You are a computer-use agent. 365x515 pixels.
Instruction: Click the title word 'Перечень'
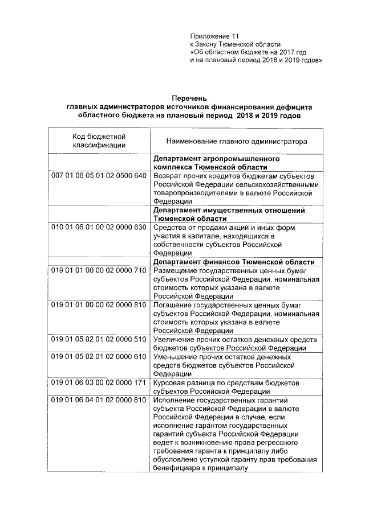click(x=188, y=98)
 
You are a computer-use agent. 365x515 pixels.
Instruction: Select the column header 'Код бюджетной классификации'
click(x=99, y=141)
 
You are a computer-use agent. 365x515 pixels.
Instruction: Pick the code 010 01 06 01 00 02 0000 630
click(x=99, y=228)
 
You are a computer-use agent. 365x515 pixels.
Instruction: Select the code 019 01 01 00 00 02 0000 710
click(x=99, y=270)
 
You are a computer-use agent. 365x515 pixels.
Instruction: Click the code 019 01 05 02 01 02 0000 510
click(x=99, y=340)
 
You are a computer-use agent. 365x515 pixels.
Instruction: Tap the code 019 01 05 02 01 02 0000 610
click(x=99, y=357)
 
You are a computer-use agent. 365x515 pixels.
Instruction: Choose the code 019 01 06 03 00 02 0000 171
click(x=99, y=383)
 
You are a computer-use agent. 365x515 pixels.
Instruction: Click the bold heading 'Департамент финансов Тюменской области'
click(x=233, y=262)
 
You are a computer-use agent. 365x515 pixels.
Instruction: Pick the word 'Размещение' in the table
click(x=175, y=270)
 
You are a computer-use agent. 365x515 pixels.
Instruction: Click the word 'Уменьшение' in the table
click(x=175, y=357)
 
